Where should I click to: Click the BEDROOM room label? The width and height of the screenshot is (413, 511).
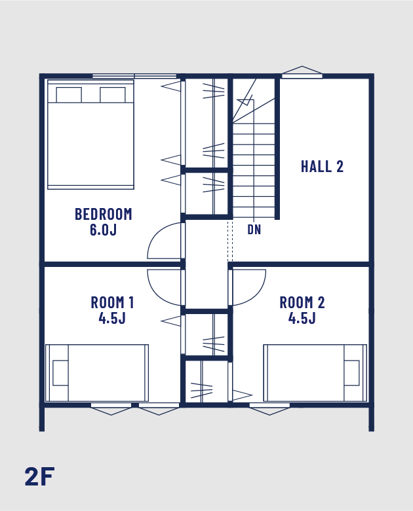(x=104, y=214)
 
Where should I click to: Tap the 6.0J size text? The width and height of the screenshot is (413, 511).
(x=103, y=230)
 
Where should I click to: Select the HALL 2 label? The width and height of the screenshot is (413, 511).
(x=322, y=166)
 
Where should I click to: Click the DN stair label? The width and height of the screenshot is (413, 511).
(x=254, y=230)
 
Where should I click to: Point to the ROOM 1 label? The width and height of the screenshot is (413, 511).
(x=112, y=302)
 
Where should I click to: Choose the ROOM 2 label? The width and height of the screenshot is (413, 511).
(x=302, y=302)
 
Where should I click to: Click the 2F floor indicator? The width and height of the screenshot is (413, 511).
(x=39, y=476)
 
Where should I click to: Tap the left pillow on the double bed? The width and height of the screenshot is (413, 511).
(x=69, y=95)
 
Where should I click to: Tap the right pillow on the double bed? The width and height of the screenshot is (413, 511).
(x=113, y=95)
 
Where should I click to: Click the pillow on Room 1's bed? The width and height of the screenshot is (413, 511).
(x=60, y=373)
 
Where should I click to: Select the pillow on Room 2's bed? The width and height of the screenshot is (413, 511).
(x=351, y=373)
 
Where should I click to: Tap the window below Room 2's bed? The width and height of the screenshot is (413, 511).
(x=269, y=409)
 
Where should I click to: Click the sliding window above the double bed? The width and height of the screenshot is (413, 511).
(x=134, y=77)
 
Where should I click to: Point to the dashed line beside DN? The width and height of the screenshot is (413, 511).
(x=230, y=241)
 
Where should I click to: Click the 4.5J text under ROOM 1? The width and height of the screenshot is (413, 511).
(x=112, y=318)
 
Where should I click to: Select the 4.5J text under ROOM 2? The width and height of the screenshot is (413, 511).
(x=302, y=318)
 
